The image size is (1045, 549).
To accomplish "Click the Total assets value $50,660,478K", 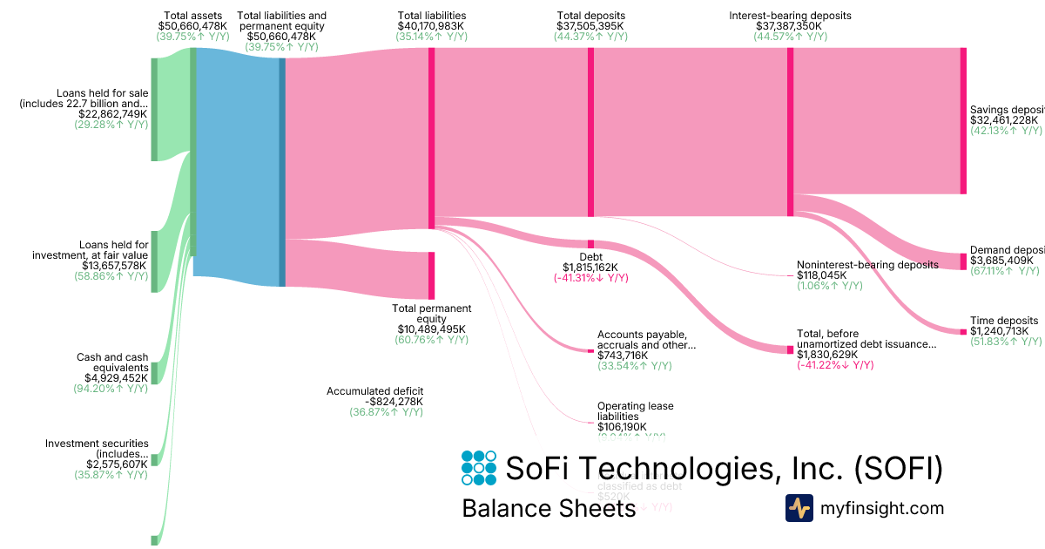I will click(x=192, y=26).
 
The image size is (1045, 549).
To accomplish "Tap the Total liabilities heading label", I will click(x=431, y=16).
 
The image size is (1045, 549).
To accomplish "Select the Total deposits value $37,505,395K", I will click(x=591, y=26).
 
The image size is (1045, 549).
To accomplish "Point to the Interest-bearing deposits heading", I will click(x=790, y=16).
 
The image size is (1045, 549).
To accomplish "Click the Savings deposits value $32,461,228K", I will click(x=1006, y=120).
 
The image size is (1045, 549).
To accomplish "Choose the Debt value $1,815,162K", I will click(x=591, y=267).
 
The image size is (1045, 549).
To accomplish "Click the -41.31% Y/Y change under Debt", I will click(x=591, y=277).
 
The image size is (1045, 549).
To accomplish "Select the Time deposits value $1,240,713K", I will click(x=1000, y=331).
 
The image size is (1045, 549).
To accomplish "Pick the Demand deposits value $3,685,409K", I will click(x=1001, y=260).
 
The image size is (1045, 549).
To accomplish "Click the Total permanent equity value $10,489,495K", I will click(x=432, y=329).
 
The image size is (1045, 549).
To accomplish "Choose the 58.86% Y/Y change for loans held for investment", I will click(x=111, y=276).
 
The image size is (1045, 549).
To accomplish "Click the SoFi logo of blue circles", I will click(x=479, y=468).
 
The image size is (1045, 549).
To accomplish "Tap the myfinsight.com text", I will click(x=881, y=508).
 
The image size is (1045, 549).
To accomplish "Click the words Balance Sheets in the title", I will click(x=549, y=509).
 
